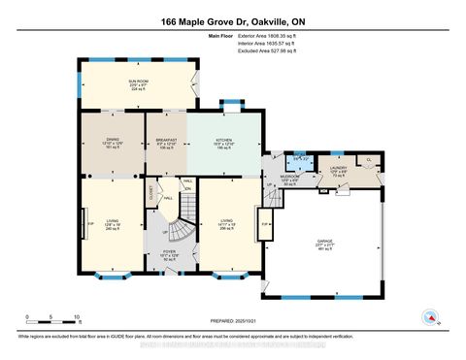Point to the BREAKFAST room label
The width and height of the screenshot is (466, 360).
(x=165, y=140)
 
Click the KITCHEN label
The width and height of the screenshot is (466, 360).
(x=223, y=140)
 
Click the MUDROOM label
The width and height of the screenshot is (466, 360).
(x=290, y=179)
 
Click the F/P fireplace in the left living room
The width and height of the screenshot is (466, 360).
(x=90, y=222)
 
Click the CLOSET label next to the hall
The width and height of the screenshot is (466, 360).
(x=153, y=193)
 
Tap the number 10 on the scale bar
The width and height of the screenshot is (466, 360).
(x=77, y=316)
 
